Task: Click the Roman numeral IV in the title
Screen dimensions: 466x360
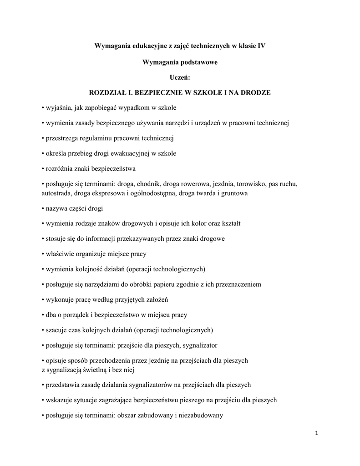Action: point(261,46)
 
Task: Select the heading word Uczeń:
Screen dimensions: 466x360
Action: point(180,77)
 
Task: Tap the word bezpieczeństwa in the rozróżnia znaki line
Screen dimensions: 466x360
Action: point(114,169)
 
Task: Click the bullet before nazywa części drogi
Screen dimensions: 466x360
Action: point(42,208)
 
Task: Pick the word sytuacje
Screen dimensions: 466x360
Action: point(84,400)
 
